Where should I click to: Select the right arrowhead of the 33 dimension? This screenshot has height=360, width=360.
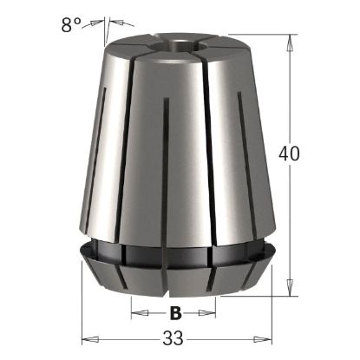click(267, 337)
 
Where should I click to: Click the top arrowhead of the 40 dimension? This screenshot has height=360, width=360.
click(287, 40)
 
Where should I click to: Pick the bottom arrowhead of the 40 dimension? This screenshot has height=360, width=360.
click(287, 291)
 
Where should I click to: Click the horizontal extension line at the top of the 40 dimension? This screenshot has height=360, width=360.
click(260, 35)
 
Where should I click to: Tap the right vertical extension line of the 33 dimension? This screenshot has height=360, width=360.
click(272, 312)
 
